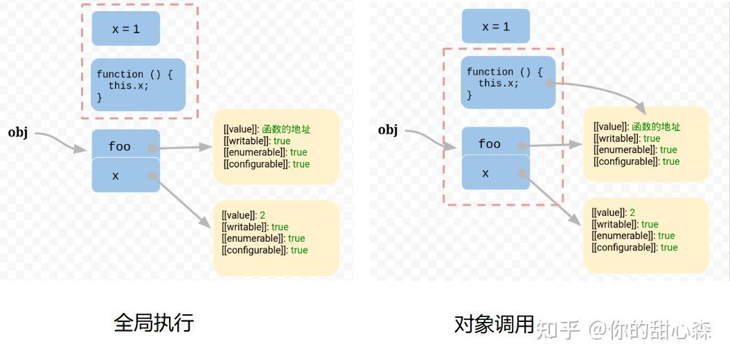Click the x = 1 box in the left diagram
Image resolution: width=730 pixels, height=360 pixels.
point(126,28)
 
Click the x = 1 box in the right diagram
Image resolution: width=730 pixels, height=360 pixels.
point(496,26)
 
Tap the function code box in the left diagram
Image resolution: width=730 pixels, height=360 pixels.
point(139,84)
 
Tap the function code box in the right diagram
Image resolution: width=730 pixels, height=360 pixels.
point(508,82)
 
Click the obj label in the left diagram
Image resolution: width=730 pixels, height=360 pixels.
point(18,132)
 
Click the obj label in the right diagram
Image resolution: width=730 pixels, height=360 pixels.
point(388,129)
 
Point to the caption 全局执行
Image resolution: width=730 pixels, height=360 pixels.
point(154,323)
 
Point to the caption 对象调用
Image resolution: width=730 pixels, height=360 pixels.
point(494,323)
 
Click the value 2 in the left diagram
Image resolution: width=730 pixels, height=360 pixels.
point(262,215)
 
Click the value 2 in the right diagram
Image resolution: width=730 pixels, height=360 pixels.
point(632,213)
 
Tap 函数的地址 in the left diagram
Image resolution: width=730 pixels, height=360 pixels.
point(287,129)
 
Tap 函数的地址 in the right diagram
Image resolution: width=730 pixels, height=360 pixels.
point(657,127)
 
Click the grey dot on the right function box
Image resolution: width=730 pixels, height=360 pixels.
point(549,83)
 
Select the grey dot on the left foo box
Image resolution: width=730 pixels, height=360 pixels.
point(152,147)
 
